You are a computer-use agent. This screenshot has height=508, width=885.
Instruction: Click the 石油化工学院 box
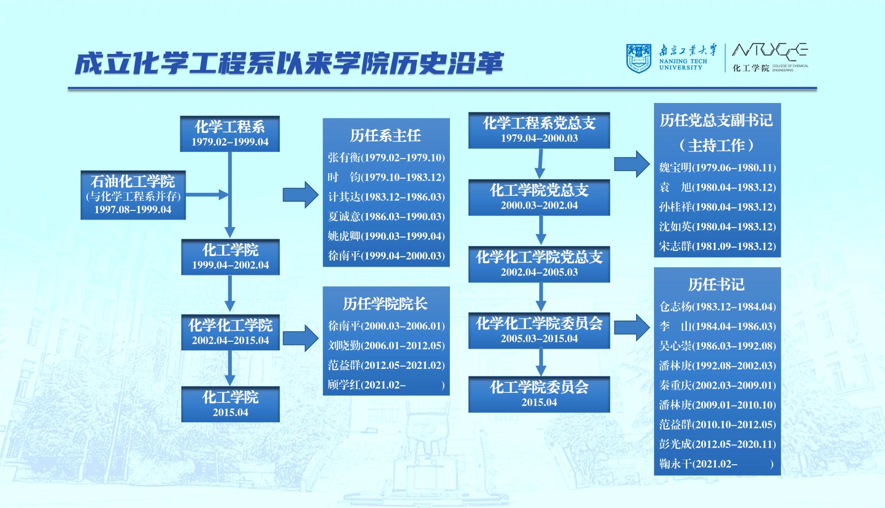[133, 195]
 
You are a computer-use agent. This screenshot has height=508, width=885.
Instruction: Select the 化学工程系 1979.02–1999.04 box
[230, 134]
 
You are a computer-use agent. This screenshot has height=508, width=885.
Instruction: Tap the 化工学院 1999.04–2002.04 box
[230, 257]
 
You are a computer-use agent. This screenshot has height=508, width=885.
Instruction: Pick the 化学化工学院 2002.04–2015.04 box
[230, 332]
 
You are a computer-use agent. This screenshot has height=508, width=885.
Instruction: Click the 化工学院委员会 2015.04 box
[539, 394]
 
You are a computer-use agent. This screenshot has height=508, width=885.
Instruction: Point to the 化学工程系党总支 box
[539, 130]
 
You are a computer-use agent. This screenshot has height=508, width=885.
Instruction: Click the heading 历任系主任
[385, 135]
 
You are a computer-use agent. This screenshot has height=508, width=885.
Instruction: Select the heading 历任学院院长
[385, 304]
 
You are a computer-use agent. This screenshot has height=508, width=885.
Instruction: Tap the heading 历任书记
[716, 285]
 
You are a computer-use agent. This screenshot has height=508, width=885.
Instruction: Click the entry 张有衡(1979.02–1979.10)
[386, 158]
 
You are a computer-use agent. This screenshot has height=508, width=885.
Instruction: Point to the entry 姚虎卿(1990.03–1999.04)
[386, 236]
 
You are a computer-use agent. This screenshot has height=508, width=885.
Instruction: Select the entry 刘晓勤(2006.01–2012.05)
[386, 345]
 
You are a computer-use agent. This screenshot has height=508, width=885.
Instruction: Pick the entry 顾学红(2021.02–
[367, 385]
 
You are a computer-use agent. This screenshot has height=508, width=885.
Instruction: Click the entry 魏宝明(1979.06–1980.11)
[717, 168]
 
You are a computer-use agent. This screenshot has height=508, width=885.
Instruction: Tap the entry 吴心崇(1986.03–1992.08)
[717, 346]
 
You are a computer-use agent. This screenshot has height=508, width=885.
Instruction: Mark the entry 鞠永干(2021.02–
[698, 464]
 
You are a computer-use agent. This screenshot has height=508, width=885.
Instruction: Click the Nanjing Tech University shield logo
[638, 58]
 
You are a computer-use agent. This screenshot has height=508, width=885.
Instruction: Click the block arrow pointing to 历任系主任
[301, 195]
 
